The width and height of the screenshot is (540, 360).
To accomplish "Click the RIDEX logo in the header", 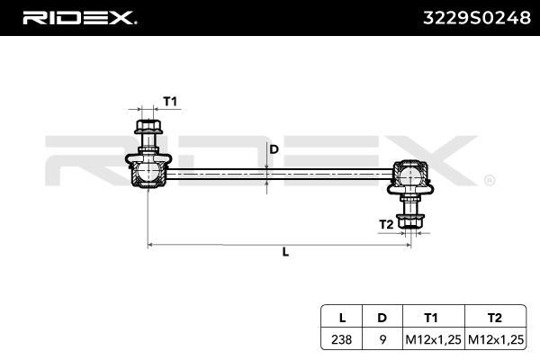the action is pyautogui.click(x=79, y=18).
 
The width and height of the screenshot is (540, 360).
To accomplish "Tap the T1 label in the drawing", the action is pyautogui.click(x=169, y=102).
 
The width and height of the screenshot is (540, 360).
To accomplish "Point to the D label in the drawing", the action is pyautogui.click(x=274, y=149).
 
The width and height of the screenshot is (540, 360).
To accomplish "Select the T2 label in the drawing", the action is pyautogui.click(x=384, y=223).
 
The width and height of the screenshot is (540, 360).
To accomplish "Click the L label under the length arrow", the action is pyautogui.click(x=284, y=253).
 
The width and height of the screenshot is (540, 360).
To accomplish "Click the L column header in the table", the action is pyautogui.click(x=341, y=317).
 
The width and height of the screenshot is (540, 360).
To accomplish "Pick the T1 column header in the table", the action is pyautogui.click(x=431, y=317).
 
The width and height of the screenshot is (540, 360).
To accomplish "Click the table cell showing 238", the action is pyautogui.click(x=341, y=339).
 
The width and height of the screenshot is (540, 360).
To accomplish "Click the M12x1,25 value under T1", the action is pyautogui.click(x=431, y=339).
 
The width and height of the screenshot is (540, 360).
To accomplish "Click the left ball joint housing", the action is pyautogui.click(x=146, y=170).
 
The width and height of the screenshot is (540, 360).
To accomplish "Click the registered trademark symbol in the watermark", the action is pyautogui.click(x=489, y=180).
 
